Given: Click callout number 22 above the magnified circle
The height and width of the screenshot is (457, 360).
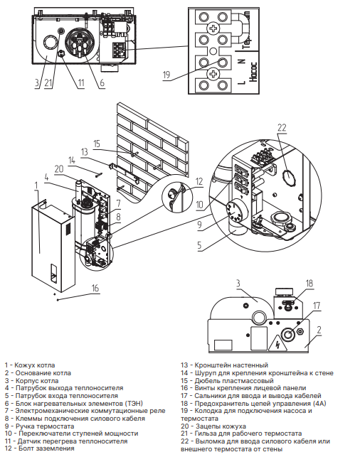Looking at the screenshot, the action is (x=282, y=128).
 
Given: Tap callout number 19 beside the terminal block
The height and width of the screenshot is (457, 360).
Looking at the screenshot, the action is (x=166, y=75).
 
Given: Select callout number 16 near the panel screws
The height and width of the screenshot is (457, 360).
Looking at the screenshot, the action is (x=95, y=288).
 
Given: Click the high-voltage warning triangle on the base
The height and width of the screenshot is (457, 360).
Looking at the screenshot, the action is (x=277, y=343).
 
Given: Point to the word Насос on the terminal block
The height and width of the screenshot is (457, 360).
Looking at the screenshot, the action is (x=253, y=72).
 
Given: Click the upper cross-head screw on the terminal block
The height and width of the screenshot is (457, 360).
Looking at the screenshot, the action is (x=213, y=28).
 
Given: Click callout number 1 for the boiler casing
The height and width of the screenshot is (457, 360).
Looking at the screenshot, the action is (x=36, y=186).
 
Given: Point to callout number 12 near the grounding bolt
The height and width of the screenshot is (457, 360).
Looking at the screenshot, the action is (x=199, y=181).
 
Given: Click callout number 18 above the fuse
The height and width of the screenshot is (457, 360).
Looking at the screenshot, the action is (x=309, y=283).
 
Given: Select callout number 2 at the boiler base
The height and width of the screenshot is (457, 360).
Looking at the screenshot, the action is (x=319, y=330).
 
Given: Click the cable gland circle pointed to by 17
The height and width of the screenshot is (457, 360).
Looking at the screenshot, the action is (x=288, y=334).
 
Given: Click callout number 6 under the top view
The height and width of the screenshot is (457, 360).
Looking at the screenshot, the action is (x=102, y=82).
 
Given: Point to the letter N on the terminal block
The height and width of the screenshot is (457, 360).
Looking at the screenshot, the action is (x=242, y=62).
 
